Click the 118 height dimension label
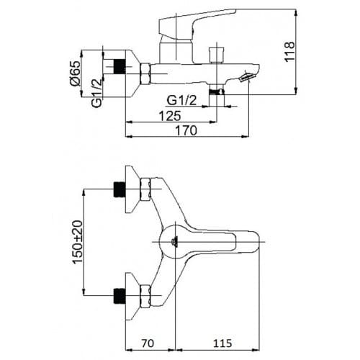click(289, 52)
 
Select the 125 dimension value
click(170, 116)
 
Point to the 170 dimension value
click(186, 131)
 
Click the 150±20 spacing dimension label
click(78, 243)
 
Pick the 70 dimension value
click(148, 343)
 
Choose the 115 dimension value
click(222, 343)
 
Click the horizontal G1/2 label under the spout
click(181, 101)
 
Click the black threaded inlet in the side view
click(120, 66)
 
